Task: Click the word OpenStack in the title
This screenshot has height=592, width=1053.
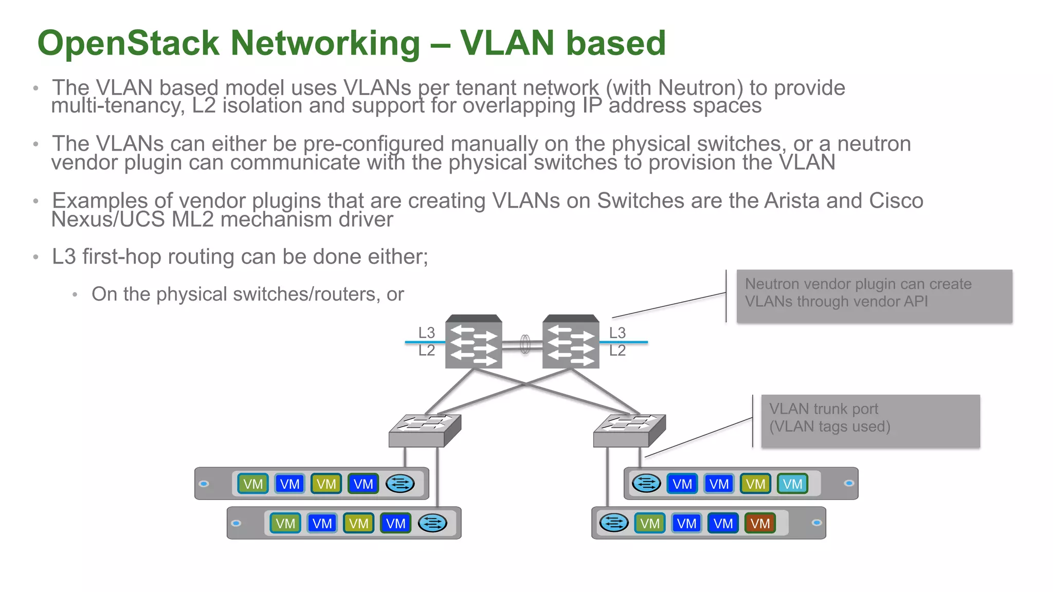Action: (129, 43)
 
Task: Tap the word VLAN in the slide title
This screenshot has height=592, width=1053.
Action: (507, 43)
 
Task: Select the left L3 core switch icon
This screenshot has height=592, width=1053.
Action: (474, 342)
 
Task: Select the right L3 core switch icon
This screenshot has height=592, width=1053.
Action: (571, 342)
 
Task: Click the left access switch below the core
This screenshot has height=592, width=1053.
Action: (425, 431)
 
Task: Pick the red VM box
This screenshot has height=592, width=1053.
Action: (759, 523)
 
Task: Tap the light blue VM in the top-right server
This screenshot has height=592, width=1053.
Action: (792, 484)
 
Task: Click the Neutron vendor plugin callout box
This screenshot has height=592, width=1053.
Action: (874, 296)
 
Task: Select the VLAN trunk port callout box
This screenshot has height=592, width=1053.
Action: (870, 421)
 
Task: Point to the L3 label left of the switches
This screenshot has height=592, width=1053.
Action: (426, 333)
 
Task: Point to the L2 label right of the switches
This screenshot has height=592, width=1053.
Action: (617, 350)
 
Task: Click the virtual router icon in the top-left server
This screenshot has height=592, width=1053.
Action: (400, 484)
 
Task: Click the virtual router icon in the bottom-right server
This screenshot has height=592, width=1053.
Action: (614, 523)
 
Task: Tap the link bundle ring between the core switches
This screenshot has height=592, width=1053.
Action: (525, 344)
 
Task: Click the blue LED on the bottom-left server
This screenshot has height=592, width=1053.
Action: (236, 523)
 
